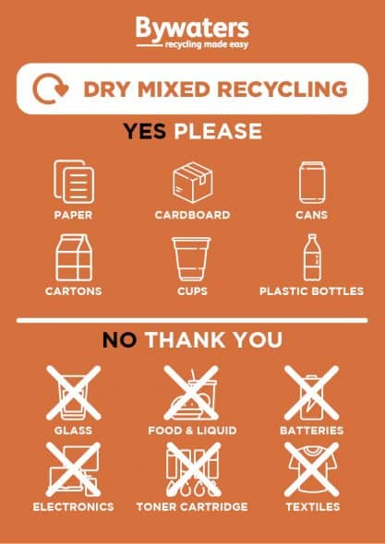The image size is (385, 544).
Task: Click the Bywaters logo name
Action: [193, 27]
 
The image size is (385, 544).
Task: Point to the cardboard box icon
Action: [192, 182]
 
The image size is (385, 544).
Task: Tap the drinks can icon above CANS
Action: [311, 182]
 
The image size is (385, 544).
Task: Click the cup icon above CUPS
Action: [192, 258]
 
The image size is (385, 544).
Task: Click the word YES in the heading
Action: [145, 131]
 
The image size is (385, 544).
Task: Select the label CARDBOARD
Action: [192, 215]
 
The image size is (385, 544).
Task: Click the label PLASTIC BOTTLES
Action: [311, 291]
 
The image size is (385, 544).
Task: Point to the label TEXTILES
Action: [311, 506]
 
